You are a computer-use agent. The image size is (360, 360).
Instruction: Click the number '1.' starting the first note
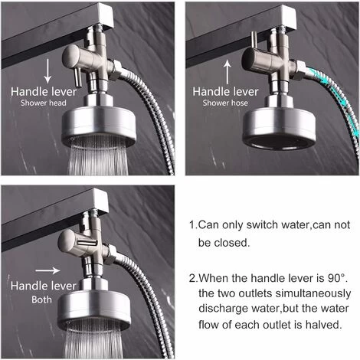tap(192, 226)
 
